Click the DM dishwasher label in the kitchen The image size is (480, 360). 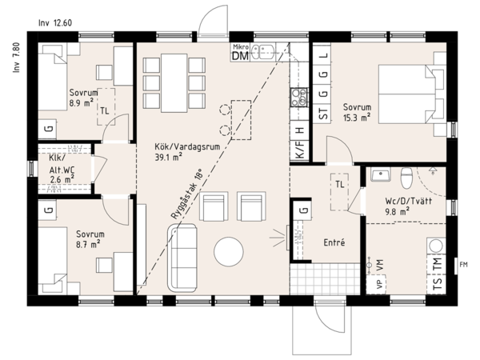click(x=239, y=55)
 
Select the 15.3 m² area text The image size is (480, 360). click(x=357, y=118)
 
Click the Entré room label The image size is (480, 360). click(x=334, y=242)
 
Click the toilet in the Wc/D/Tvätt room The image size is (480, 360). click(x=406, y=175)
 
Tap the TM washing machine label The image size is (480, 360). click(x=437, y=264)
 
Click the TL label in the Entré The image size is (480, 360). click(x=341, y=185)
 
